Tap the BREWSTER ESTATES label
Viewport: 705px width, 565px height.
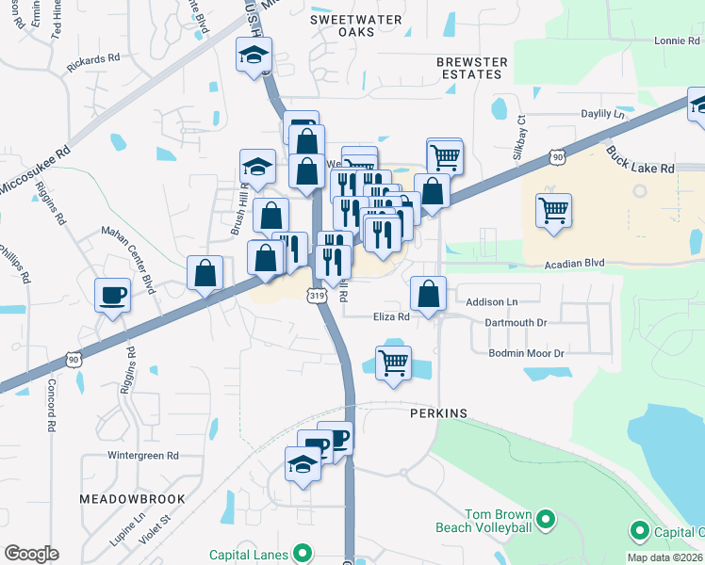(472, 68)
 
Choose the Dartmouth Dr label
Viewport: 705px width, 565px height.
(516, 322)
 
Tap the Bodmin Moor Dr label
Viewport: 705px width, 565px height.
(525, 353)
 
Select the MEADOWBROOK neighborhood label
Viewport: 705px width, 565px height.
(131, 497)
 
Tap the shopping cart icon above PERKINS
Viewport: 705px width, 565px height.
(393, 362)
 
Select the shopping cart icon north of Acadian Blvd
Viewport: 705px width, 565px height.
(553, 208)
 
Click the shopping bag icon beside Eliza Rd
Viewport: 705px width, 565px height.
(428, 292)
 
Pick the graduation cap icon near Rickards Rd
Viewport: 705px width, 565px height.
(254, 55)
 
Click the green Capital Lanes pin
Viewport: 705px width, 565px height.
(303, 552)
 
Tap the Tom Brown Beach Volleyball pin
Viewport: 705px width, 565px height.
(544, 519)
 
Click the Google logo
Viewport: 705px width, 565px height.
(32, 554)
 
